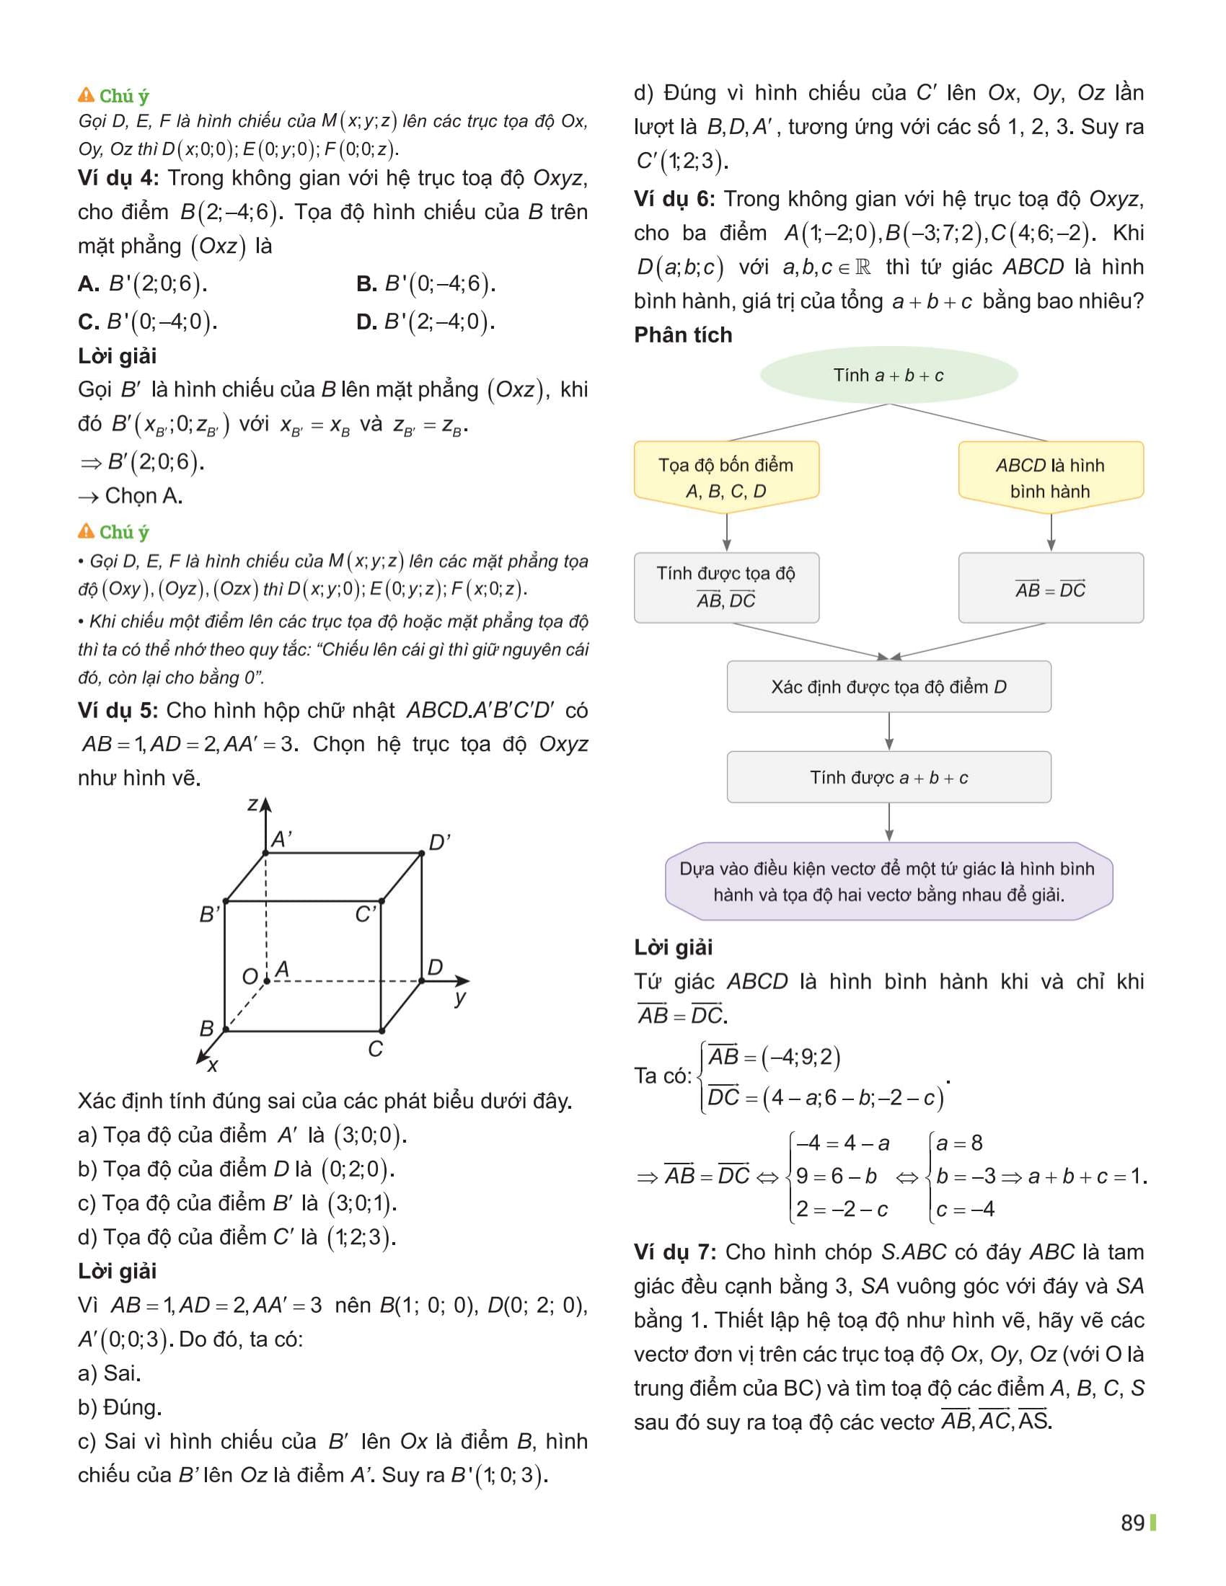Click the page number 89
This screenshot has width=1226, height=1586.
pos(1132,1523)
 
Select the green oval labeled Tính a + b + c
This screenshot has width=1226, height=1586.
pos(888,376)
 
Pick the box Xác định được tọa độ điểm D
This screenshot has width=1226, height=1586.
pos(888,686)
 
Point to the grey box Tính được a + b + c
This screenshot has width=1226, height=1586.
pos(888,777)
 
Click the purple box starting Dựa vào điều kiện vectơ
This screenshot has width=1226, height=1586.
pos(888,881)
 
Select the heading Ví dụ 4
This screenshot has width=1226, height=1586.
pos(118,179)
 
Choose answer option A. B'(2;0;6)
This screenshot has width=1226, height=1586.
pos(142,284)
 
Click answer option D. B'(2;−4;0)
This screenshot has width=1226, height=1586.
pos(425,322)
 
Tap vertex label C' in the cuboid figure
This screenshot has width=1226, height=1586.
pos(366,914)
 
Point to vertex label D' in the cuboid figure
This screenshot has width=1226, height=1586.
pos(439,842)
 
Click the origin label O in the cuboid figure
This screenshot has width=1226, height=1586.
pos(249,976)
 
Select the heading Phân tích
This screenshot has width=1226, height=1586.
pos(683,335)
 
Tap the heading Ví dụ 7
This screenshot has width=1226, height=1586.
pos(674,1252)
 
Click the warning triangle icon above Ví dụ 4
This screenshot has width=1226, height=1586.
pos(86,95)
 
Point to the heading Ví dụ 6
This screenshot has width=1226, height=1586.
pos(674,199)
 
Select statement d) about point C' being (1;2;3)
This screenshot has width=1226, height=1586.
pos(236,1236)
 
